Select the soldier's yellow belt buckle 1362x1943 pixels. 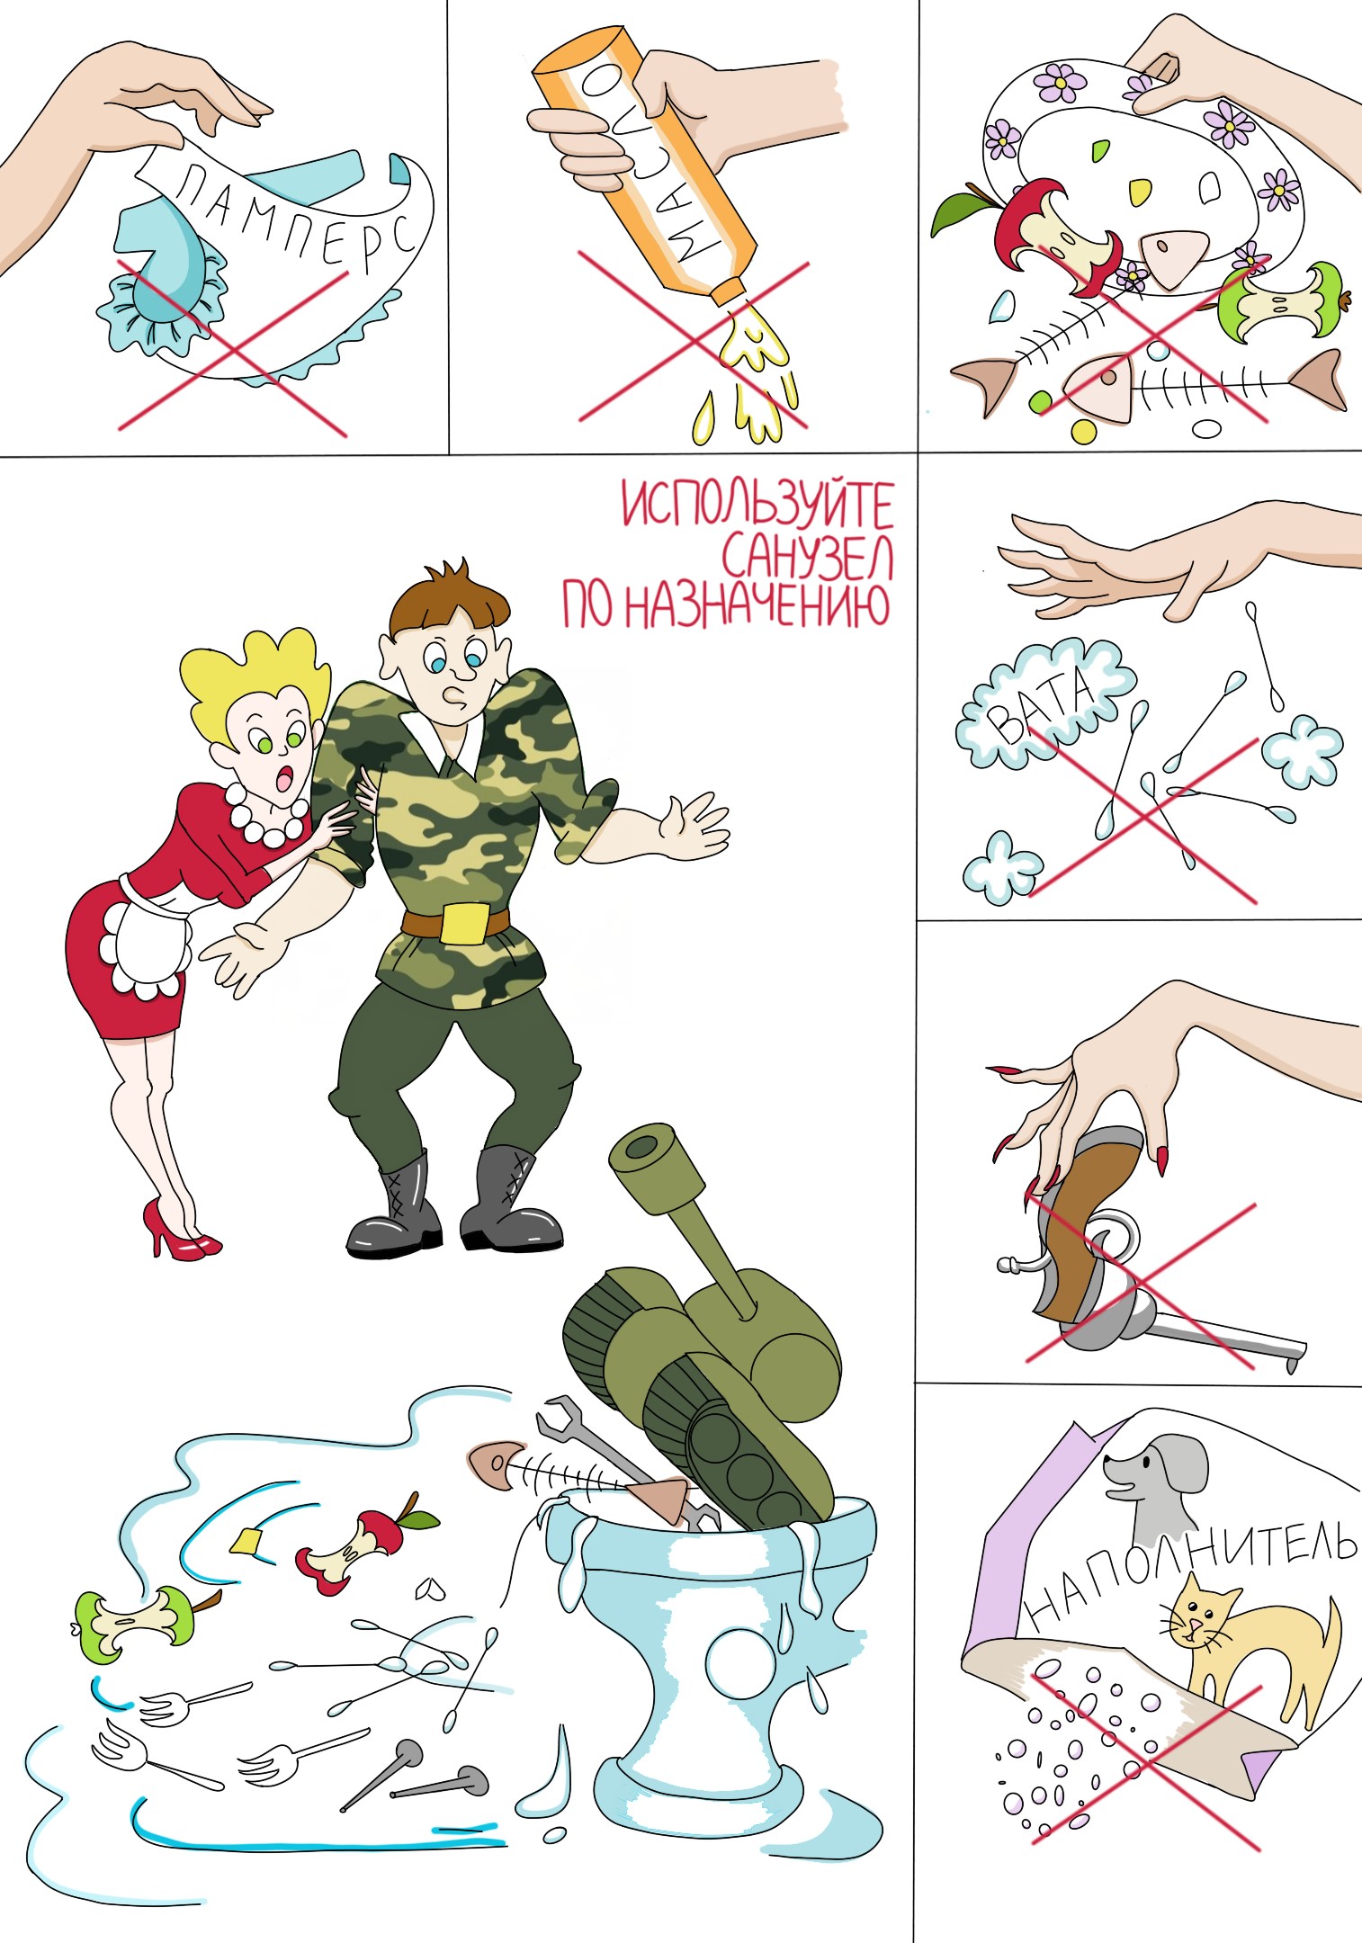[464, 923]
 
